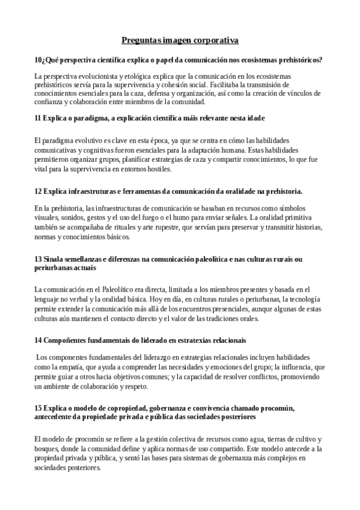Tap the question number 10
click(38, 60)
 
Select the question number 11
click(38, 117)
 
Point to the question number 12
click(38, 191)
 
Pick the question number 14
click(38, 340)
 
